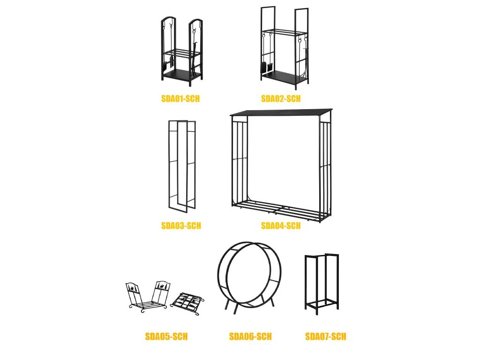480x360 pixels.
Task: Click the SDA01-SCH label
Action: tap(180, 98)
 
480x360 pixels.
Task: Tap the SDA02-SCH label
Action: tap(281, 98)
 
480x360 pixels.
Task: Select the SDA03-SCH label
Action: tap(181, 226)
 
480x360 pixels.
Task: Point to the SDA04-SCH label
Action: tap(281, 226)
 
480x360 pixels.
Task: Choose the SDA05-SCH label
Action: tap(166, 337)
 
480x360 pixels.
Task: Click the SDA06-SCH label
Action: tap(250, 337)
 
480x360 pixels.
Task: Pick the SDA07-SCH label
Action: tap(326, 337)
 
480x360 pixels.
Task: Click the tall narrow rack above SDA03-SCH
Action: tap(169, 165)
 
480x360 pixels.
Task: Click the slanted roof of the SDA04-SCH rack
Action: tap(281, 112)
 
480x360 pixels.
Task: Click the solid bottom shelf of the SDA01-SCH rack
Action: tap(181, 75)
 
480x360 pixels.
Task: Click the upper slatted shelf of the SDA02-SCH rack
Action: tap(285, 32)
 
